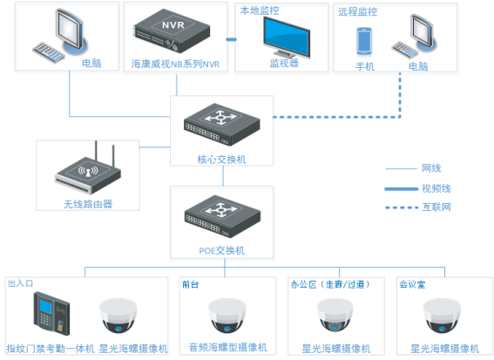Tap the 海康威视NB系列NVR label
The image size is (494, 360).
tap(175, 65)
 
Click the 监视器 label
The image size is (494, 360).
tap(283, 64)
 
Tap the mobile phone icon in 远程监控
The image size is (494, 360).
tap(364, 42)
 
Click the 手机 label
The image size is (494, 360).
tap(364, 66)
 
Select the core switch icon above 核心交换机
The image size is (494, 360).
tap(221, 121)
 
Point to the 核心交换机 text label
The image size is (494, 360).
tap(221, 160)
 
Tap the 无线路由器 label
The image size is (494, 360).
tap(87, 204)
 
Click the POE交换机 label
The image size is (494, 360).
tap(221, 250)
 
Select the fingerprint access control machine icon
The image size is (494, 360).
tap(51, 314)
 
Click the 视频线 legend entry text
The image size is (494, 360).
tap(436, 187)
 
